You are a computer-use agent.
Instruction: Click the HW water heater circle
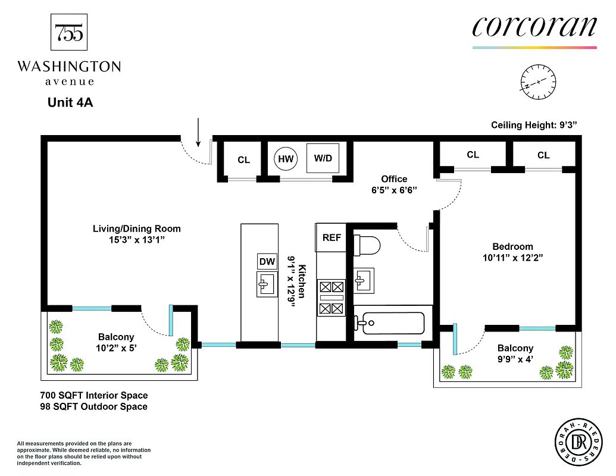click(x=286, y=159)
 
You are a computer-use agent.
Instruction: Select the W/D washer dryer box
click(x=323, y=158)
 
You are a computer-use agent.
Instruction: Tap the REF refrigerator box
click(x=332, y=237)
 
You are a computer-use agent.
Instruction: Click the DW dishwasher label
click(x=267, y=261)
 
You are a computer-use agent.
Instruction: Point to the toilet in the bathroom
click(x=367, y=245)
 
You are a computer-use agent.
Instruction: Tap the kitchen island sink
click(x=267, y=283)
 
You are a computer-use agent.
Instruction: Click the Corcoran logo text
click(x=534, y=27)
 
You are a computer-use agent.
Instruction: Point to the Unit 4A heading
click(x=70, y=102)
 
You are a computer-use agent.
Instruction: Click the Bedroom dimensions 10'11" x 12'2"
click(x=512, y=258)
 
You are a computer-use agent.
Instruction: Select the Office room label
click(x=394, y=179)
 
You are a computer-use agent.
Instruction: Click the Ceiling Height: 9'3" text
click(x=534, y=125)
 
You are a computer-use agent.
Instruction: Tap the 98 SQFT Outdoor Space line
click(x=93, y=406)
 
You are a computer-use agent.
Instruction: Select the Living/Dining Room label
click(x=136, y=228)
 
